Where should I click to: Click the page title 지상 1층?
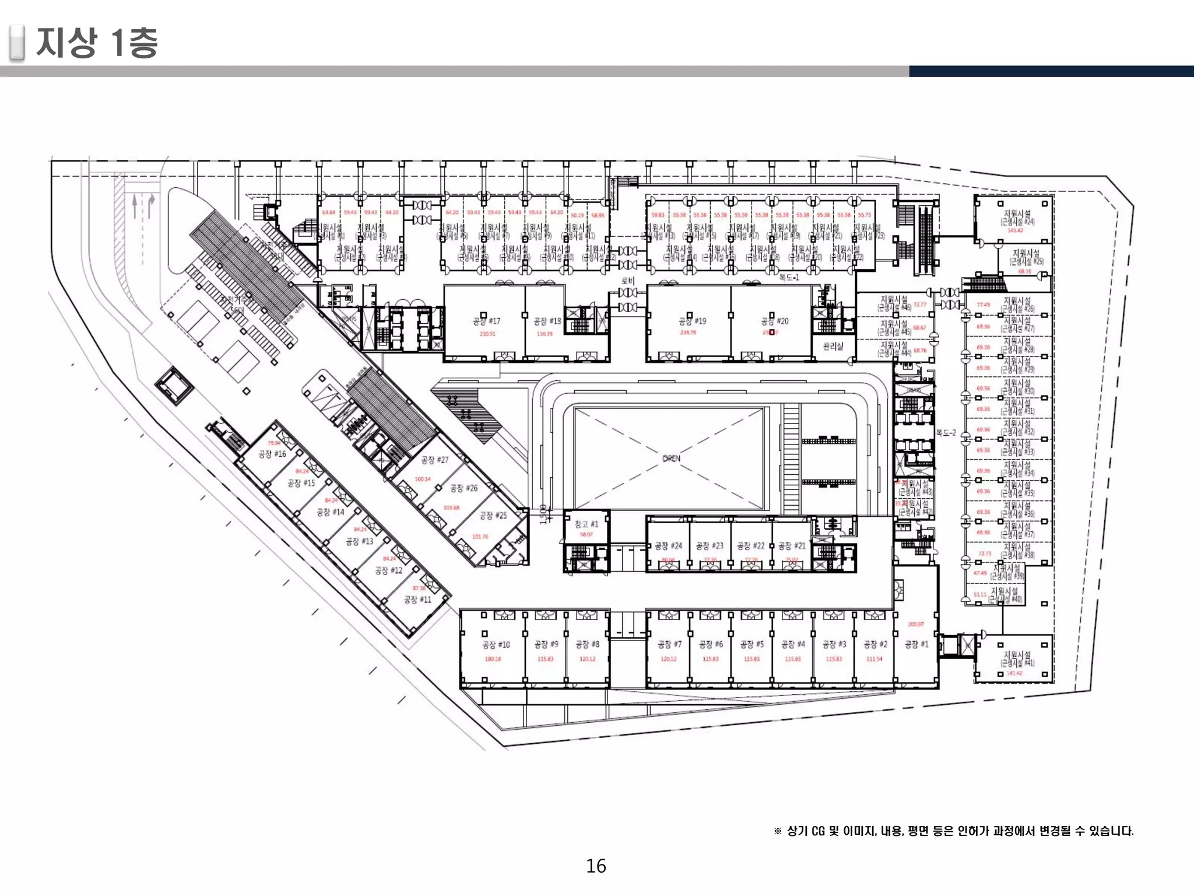coord(97,43)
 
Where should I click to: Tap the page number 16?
coord(596,866)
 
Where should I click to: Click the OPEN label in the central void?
coord(671,459)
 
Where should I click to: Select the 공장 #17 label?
coord(487,321)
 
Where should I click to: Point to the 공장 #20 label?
coord(774,321)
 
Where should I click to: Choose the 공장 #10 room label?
coord(496,645)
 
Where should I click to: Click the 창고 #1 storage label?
coord(586,524)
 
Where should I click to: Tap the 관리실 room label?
coord(833,346)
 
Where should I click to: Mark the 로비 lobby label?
coord(627,281)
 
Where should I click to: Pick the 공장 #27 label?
coord(435,460)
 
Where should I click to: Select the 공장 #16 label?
coord(272,454)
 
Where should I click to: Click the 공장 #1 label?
coord(916,644)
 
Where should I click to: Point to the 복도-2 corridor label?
coord(946,433)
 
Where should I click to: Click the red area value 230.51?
coord(487,334)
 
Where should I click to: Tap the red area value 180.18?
coord(493,659)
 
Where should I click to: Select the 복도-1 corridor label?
coord(789,278)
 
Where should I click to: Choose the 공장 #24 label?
coord(668,546)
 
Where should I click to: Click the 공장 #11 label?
coord(418,599)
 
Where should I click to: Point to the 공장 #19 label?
coord(692,321)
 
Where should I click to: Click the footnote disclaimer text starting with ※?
coord(953,831)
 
